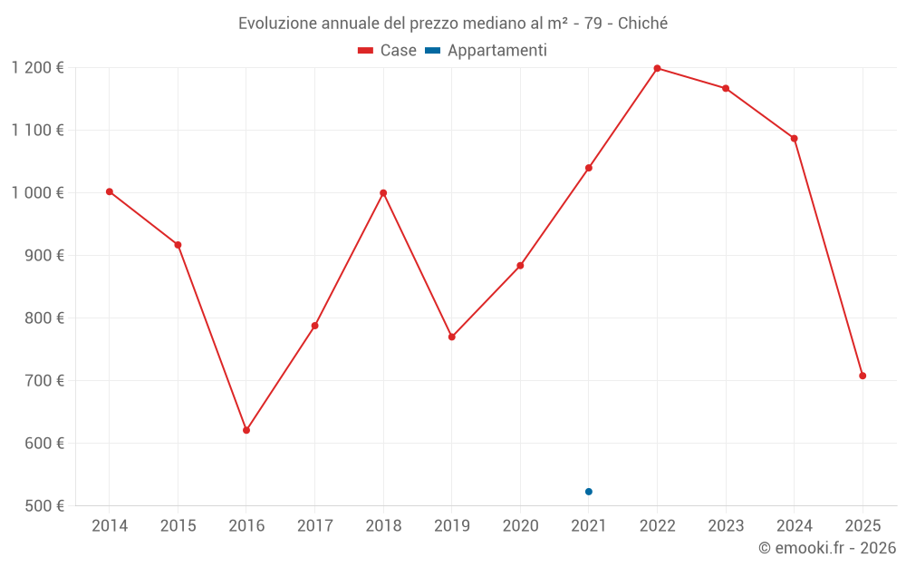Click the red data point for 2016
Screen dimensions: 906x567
[246, 430]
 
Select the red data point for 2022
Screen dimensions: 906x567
[658, 68]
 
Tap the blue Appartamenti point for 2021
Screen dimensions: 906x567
[589, 492]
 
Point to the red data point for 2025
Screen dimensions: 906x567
[863, 376]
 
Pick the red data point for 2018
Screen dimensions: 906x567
[383, 193]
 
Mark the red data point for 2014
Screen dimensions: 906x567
[110, 191]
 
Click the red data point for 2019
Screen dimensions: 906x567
[452, 337]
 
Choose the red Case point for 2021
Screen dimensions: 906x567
[589, 168]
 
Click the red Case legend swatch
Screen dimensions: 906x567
[365, 51]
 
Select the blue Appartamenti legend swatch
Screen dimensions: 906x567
[432, 51]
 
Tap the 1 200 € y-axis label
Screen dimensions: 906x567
[37, 68]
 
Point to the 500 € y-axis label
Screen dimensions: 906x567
[43, 506]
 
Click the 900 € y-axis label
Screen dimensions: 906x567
[43, 256]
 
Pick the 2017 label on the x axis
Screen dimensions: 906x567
[315, 526]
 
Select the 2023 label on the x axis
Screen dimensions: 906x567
[726, 526]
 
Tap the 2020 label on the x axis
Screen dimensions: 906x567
[521, 526]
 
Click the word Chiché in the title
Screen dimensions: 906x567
[642, 24]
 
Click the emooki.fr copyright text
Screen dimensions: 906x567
[827, 548]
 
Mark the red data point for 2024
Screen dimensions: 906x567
[795, 139]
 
